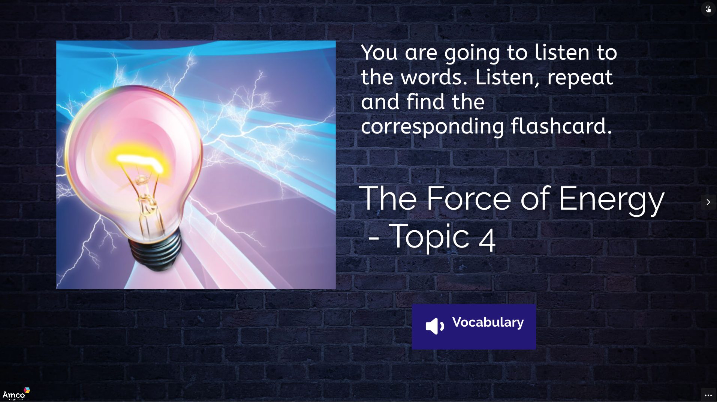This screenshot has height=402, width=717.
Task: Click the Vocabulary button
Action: [x=474, y=327]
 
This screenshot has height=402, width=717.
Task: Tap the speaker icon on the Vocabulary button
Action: [x=435, y=326]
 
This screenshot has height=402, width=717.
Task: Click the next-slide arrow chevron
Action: [x=708, y=202]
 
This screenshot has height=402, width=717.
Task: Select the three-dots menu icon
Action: [x=708, y=395]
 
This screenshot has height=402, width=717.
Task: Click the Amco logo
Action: [x=16, y=394]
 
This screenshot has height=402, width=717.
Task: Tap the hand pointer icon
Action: [x=708, y=9]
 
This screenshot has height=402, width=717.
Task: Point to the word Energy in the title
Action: [x=611, y=200]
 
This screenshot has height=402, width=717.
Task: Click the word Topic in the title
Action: [x=429, y=237]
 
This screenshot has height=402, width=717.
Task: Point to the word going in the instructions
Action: [x=472, y=54]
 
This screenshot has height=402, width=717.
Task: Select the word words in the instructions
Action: [x=434, y=77]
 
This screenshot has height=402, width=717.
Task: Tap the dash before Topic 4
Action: [x=374, y=238]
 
